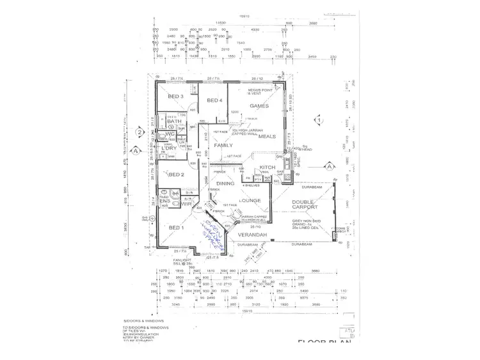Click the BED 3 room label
(x=176, y=97)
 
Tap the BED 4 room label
(x=214, y=100)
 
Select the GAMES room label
(x=259, y=106)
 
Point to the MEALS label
(x=267, y=136)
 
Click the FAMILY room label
(x=224, y=145)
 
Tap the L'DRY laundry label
(x=170, y=148)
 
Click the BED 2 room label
(x=176, y=174)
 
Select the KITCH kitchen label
(x=268, y=168)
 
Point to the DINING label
(x=225, y=184)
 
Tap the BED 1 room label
(x=175, y=228)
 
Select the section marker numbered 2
(x=139, y=132)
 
